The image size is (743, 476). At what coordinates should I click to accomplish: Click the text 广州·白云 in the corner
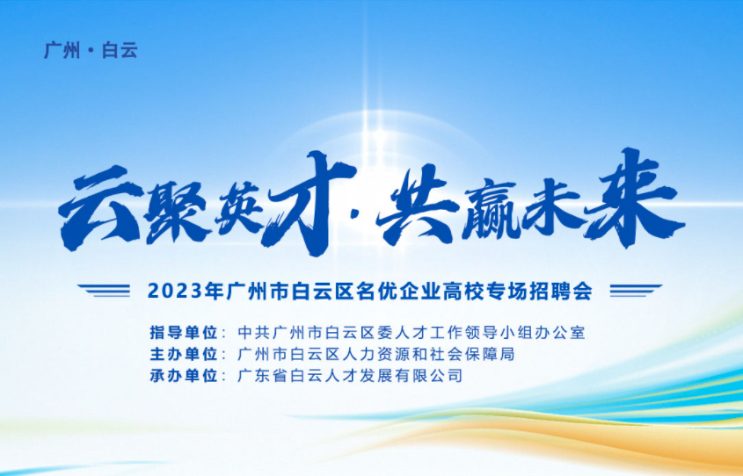91,50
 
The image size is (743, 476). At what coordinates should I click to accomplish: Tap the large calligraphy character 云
100,207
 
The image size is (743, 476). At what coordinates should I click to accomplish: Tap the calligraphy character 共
418,205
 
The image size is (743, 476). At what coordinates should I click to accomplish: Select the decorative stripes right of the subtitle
636,290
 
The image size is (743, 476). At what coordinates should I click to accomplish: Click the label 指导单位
184,332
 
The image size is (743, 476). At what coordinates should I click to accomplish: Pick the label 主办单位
184,354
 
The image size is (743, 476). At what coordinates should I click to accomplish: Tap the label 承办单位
184,376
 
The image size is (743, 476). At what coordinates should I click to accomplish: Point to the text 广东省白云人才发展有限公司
350,376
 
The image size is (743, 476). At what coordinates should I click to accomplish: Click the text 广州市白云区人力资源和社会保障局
375,354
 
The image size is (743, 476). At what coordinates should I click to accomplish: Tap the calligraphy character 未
552,208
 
